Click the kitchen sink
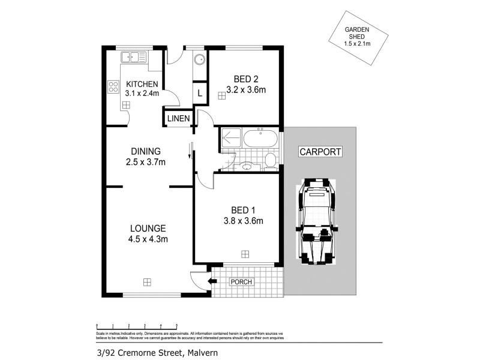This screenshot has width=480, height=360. (x=134, y=58)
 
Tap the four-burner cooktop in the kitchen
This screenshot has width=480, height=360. (x=113, y=86)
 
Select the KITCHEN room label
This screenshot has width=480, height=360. (x=142, y=84)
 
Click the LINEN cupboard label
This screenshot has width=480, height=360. (x=179, y=119)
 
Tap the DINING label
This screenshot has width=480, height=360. (x=145, y=151)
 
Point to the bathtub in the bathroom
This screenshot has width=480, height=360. (x=260, y=140)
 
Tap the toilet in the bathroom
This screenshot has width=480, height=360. (x=269, y=161)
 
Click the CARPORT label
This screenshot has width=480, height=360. (x=320, y=152)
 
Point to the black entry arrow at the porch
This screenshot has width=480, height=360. (x=212, y=281)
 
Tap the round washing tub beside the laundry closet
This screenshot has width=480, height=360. (x=199, y=59)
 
